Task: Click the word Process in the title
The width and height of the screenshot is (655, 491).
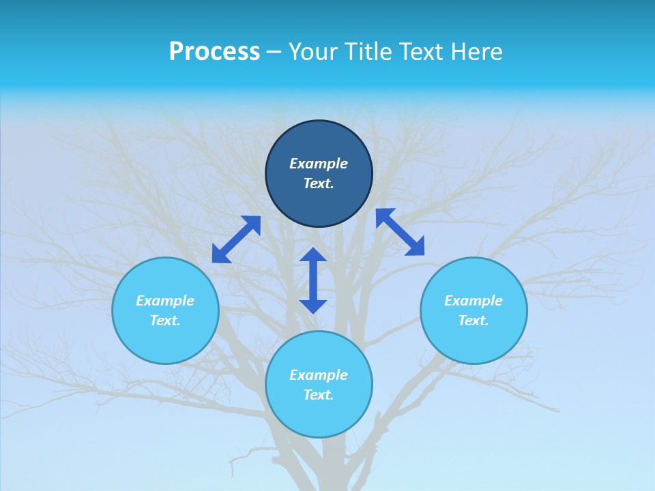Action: (214, 52)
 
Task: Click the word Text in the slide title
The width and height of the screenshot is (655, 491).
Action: (422, 52)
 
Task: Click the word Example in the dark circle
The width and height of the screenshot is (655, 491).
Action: (319, 164)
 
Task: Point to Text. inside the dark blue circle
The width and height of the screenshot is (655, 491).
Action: (319, 183)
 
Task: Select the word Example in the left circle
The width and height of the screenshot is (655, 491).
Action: (165, 301)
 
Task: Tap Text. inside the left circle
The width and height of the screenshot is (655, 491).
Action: (165, 321)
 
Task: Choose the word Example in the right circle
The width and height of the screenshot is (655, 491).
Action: (474, 301)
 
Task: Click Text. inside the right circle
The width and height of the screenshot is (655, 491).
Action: (474, 321)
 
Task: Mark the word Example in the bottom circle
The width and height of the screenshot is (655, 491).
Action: (319, 375)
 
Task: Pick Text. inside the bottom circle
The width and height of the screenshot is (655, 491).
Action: (319, 395)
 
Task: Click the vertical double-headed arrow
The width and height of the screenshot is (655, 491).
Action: (313, 280)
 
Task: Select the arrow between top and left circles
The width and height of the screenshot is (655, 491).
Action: (236, 239)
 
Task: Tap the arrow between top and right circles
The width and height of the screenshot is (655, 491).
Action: (400, 232)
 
